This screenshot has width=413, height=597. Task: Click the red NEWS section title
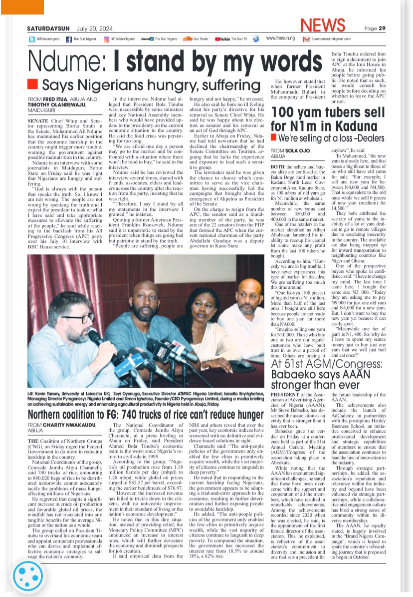coord(323,25)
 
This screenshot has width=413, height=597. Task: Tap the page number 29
coord(382,28)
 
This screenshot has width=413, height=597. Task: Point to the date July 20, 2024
coord(94,28)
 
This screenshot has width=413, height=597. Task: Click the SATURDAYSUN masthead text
coord(49,28)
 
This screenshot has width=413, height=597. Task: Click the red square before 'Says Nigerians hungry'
coord(32,83)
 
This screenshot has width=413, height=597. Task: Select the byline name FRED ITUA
coord(56,99)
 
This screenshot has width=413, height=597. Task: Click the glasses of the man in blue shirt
coord(76,317)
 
